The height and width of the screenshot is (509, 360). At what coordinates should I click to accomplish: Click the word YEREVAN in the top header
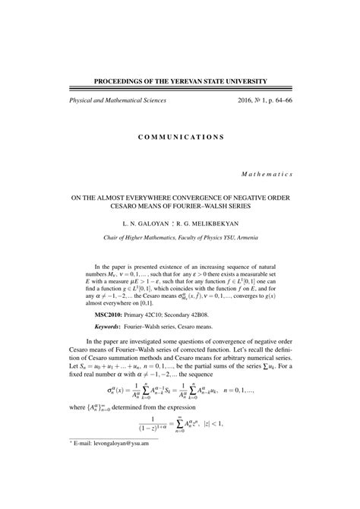(x=198, y=80)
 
